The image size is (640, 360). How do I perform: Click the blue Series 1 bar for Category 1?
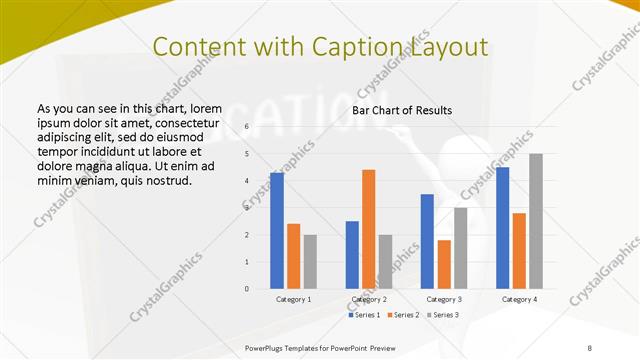277,230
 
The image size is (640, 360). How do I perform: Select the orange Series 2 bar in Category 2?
369,229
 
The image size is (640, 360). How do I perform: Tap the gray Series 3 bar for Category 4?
536,221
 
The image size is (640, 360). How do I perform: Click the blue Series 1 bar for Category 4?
502,228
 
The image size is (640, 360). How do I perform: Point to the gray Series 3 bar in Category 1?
310,262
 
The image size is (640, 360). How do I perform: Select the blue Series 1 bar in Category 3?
427,241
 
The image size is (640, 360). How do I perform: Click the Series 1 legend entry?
364,315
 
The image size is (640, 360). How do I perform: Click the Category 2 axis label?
369,299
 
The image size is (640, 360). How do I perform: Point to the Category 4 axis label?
519,299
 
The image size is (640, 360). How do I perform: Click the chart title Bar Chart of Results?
402,110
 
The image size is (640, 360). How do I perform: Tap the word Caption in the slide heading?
371,46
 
